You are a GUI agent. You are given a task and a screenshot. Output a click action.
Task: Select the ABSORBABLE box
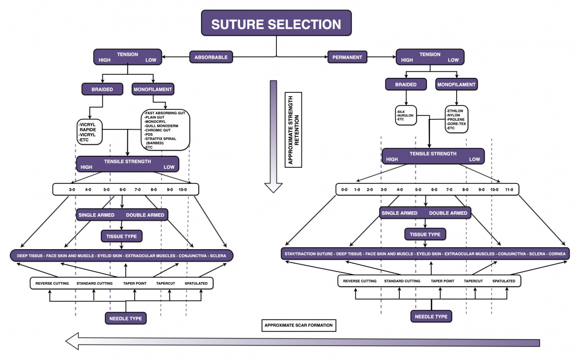point(211,57)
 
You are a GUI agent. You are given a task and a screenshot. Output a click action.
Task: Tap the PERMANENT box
point(347,57)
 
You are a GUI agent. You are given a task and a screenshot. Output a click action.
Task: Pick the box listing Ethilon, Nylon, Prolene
point(456,119)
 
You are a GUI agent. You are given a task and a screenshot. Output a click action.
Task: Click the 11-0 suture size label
point(509,190)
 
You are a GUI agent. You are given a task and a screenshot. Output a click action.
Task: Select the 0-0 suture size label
point(343,190)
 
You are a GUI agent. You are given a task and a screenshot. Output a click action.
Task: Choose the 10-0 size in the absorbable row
point(183,190)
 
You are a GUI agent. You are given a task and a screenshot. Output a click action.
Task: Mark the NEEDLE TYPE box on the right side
point(431,316)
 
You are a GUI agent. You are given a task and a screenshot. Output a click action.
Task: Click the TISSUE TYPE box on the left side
point(122,235)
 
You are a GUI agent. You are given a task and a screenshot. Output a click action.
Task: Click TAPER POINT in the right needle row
point(443,281)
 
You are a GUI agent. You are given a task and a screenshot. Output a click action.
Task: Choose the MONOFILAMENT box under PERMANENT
point(456,84)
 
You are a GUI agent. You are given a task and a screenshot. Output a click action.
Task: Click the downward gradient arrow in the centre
point(273,135)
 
